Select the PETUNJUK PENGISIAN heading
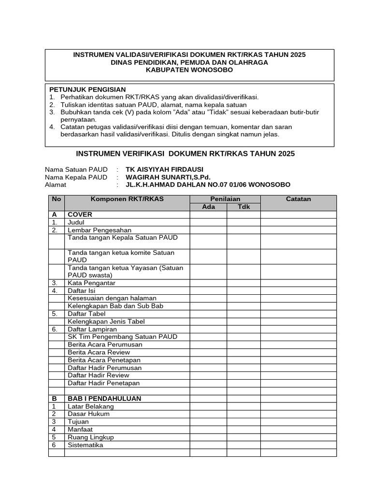87,89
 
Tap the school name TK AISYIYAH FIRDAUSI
164,169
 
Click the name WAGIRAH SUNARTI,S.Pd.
168,177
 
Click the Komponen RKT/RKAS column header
127,199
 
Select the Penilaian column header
225,199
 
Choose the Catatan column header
298,199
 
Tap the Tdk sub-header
243,206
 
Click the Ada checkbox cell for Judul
208,222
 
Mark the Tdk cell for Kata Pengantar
243,283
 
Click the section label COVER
80,214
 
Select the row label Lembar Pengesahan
100,230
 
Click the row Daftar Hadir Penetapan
103,383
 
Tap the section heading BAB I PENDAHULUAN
104,399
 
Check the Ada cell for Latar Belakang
208,407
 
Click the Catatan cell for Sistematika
298,445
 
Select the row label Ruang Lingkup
91,438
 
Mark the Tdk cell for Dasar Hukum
243,414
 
